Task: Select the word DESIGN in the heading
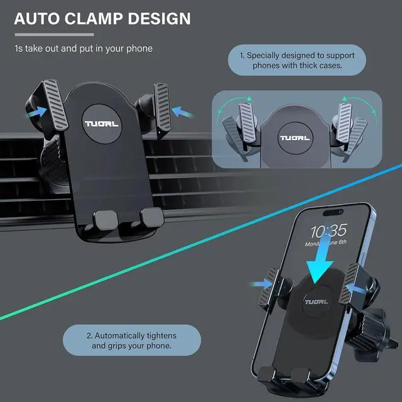tap(159, 18)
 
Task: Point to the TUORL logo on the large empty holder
tap(102, 117)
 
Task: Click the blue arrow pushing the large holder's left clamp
tap(36, 112)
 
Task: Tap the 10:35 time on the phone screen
tap(328, 230)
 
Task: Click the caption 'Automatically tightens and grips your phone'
tap(131, 340)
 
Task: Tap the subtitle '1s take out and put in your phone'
tap(83, 48)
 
